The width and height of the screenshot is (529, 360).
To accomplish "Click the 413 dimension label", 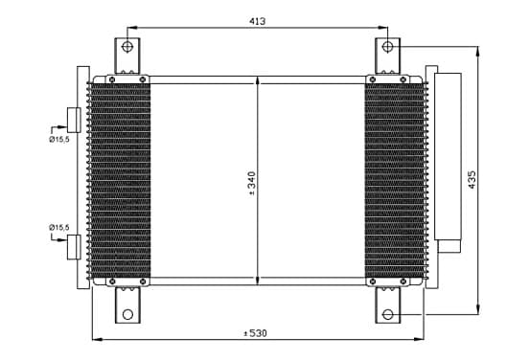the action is tap(258, 21).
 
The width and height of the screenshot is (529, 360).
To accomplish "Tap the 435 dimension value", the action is tap(472, 180).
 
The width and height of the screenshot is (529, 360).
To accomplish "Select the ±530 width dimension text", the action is tap(255, 333).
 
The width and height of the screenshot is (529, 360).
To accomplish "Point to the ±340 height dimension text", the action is tap(252, 184).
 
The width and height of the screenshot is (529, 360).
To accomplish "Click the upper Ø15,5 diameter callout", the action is tap(59, 139).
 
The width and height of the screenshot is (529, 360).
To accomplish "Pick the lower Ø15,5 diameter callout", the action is tap(59, 228).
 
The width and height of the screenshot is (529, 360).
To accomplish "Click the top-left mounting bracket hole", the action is tap(127, 47).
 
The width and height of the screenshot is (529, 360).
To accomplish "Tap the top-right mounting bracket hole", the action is tap(387, 47).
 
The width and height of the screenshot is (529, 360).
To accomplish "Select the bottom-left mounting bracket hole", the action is tap(127, 314).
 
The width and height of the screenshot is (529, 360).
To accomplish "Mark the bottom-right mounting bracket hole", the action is tap(388, 314).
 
